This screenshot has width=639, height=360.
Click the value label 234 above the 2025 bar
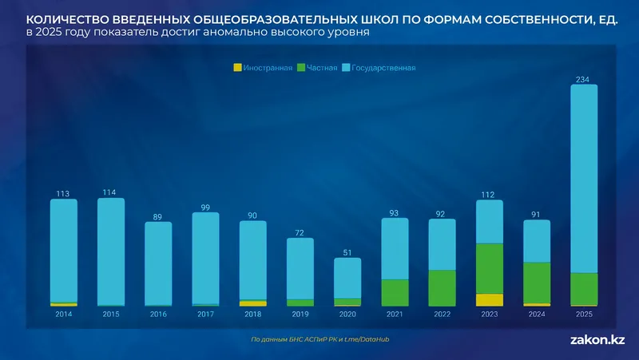584,78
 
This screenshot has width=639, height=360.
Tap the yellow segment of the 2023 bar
490,300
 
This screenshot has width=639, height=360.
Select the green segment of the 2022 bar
442,287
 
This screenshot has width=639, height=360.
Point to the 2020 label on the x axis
347,315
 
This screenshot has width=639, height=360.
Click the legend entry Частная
317,68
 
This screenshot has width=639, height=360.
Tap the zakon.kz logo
597,340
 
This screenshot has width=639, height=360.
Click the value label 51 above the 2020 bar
347,251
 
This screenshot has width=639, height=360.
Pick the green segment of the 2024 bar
537,283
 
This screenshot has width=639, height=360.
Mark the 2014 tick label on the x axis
64,315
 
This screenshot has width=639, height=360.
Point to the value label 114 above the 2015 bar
111,192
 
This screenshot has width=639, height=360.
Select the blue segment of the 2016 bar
158,263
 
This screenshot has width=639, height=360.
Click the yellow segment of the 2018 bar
252,303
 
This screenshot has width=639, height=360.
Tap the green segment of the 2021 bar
395,292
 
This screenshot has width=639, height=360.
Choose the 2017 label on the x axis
205,315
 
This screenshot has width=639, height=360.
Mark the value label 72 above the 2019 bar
300,232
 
